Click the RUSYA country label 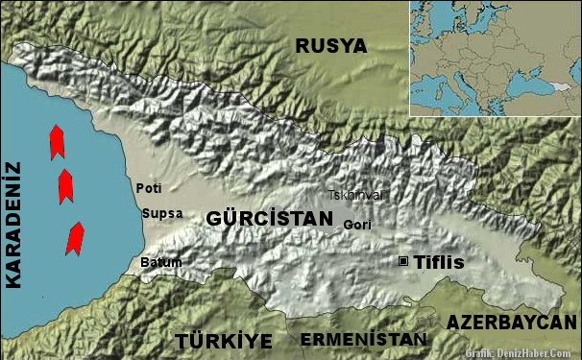330,46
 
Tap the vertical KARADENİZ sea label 13,225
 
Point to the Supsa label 161,213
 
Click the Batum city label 160,262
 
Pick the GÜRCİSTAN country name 269,219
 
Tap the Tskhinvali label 355,195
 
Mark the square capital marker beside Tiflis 403,261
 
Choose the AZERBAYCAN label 513,322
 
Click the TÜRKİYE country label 224,341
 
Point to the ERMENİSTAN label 362,340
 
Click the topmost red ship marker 57,141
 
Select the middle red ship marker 65,186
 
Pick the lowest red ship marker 73,238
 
